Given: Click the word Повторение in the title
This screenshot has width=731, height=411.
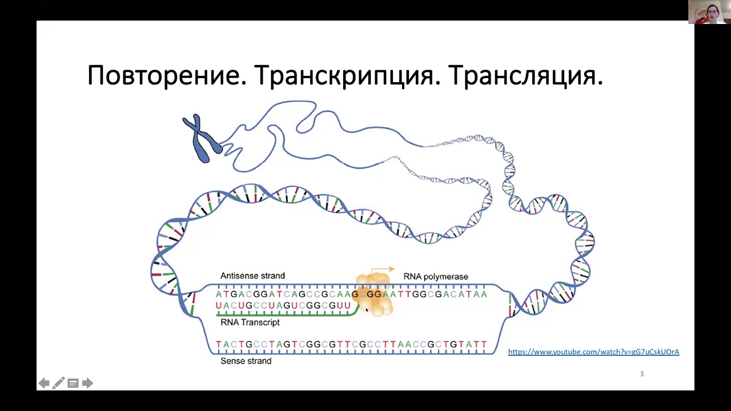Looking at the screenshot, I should tap(166, 75).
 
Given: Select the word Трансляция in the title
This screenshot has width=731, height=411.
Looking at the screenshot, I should tap(525, 75).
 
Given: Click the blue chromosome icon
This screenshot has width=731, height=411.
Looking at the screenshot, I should tap(201, 139).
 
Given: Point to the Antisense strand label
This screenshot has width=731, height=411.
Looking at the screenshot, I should tap(252, 276).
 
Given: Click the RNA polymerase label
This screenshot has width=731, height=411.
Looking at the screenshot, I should tap(436, 276).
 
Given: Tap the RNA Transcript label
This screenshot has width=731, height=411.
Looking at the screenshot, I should tap(250, 323).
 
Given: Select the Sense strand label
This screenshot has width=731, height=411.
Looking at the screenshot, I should tap(246, 361).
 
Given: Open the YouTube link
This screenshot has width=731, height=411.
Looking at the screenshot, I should tap(593, 352).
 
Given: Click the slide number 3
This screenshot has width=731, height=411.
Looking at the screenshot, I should tap(641, 374).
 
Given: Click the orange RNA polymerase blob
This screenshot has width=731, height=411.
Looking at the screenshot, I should tap(374, 295).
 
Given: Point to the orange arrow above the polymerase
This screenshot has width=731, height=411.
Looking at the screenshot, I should tap(383, 269).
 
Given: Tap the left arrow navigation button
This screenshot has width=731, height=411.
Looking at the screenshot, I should tap(43, 383).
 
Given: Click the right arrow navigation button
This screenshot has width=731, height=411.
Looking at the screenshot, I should tap(87, 383).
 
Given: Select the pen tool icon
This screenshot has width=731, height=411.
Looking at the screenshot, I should tap(58, 383).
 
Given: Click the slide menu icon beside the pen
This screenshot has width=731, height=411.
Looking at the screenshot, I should tap(73, 383).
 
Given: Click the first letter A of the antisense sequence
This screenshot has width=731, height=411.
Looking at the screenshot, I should tap(219, 295).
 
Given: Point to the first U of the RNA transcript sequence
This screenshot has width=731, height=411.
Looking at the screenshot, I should tap(219, 306).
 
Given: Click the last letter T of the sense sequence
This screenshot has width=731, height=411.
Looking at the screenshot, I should tap(484, 344).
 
